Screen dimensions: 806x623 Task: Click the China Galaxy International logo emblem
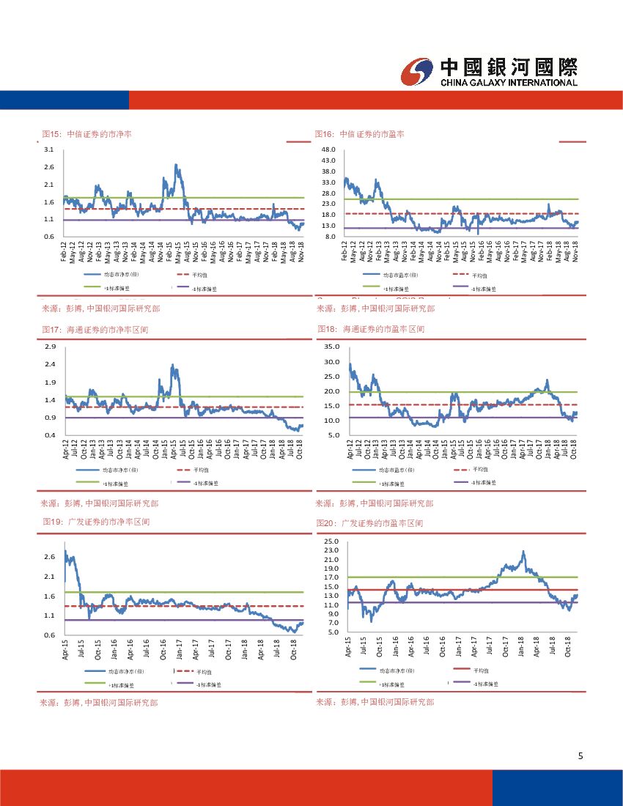[x=417, y=72]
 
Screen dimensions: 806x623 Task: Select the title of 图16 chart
[x=360, y=135]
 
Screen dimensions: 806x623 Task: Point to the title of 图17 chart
[x=95, y=330]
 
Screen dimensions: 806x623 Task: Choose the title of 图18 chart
[x=371, y=330]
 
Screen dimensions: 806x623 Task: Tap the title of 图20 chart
[x=369, y=523]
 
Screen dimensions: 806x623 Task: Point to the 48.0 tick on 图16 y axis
[x=328, y=149]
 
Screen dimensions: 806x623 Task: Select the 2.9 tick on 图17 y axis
[x=50, y=347]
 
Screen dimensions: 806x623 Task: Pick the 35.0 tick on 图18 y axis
[x=331, y=347]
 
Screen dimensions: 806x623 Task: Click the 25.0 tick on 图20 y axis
[x=330, y=541]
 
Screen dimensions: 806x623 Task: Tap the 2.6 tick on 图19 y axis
[x=49, y=557]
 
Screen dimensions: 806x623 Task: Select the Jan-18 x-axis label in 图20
[x=521, y=648]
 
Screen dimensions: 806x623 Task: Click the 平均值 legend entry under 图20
[x=481, y=670]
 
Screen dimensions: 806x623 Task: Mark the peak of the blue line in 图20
[x=523, y=552]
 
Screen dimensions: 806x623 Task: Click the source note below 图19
[x=98, y=702]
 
